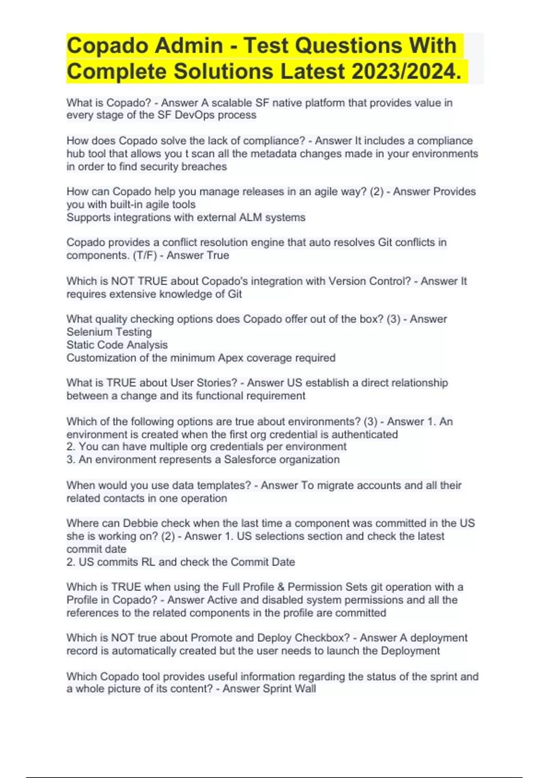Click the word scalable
click(x=231, y=103)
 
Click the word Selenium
click(x=87, y=332)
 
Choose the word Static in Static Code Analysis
click(x=79, y=345)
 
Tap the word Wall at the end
click(x=306, y=689)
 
